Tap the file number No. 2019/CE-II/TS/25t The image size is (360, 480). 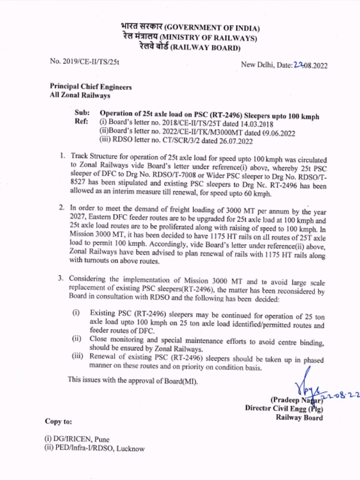coord(84,61)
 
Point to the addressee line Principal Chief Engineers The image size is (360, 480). coord(90,87)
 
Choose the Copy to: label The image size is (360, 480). coord(59,421)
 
